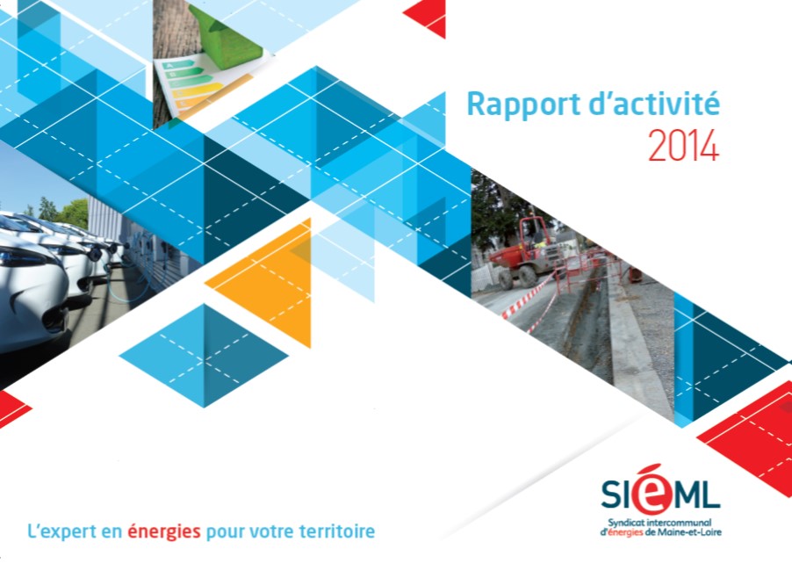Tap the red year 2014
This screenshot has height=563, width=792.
click(x=683, y=145)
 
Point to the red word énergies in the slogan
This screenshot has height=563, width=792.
click(x=163, y=531)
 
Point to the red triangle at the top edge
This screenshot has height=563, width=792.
click(x=428, y=17)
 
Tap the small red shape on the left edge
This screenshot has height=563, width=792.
click(x=12, y=408)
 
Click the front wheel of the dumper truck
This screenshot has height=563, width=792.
click(x=529, y=277)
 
